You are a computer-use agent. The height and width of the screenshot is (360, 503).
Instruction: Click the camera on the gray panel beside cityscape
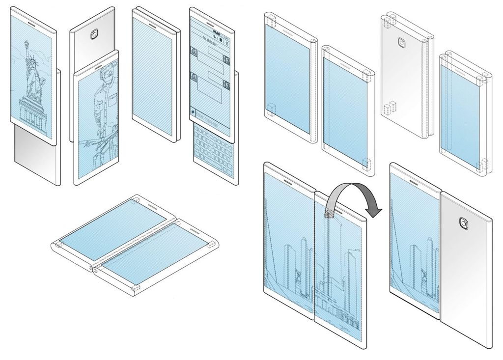pos(463,223)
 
